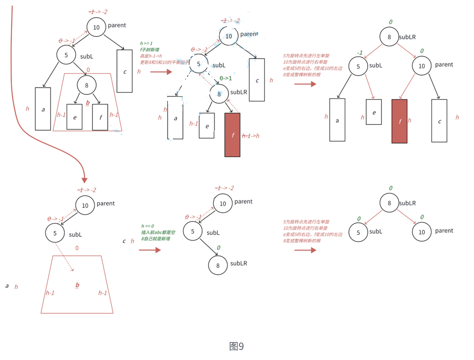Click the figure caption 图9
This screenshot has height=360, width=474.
(x=236, y=346)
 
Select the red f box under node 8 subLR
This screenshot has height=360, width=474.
(x=232, y=135)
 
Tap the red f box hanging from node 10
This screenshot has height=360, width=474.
(x=399, y=121)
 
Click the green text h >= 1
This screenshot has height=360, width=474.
(x=146, y=43)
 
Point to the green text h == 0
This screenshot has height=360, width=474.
(x=148, y=226)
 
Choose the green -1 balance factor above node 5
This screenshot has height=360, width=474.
(x=359, y=53)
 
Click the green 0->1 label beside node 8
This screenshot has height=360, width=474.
(x=226, y=78)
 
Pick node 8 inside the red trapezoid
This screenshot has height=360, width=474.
(x=86, y=85)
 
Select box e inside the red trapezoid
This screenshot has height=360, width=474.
(x=74, y=117)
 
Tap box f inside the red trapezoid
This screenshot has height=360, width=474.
(x=100, y=117)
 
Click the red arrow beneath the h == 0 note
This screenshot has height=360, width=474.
(x=150, y=250)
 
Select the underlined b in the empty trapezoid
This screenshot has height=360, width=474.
(x=77, y=285)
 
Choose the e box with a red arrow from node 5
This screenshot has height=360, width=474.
(x=374, y=112)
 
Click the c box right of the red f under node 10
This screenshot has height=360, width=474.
(x=439, y=121)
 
